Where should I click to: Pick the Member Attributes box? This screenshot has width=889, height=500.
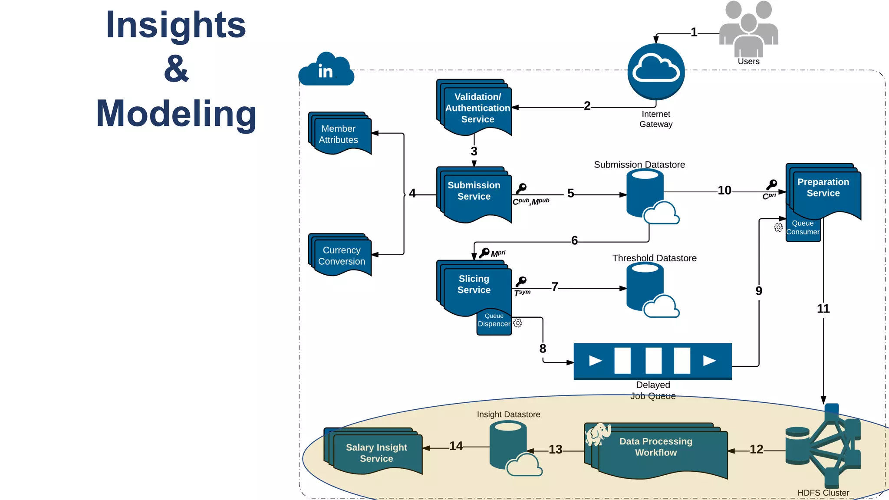[x=340, y=134]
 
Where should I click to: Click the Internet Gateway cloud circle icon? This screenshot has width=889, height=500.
[x=656, y=72]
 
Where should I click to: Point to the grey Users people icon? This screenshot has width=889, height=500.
[x=748, y=28]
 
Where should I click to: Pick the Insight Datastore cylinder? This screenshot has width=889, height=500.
[x=508, y=444]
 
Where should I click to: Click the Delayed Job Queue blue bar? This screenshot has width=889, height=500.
[x=652, y=361]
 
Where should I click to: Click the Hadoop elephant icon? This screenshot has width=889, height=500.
[x=598, y=434]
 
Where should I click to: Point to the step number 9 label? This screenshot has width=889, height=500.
[x=759, y=291]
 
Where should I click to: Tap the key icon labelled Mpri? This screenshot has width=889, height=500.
[x=484, y=253]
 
